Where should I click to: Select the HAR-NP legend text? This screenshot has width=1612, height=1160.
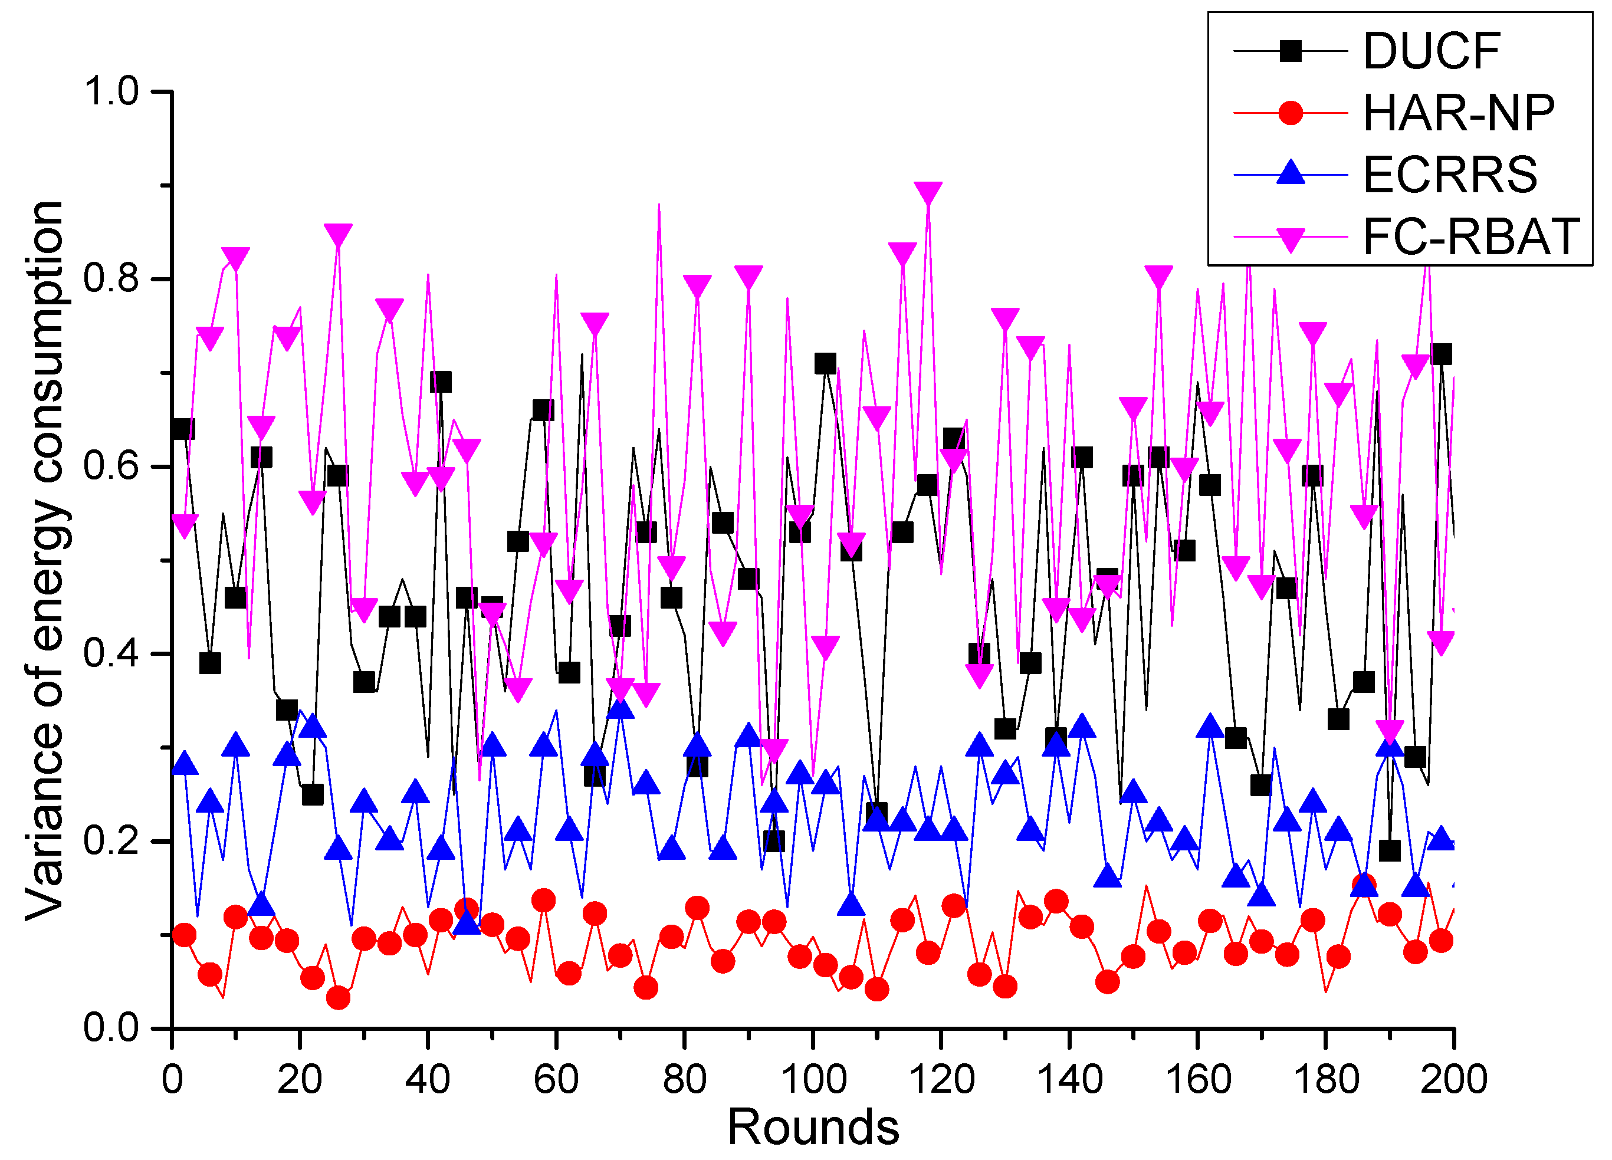(1459, 113)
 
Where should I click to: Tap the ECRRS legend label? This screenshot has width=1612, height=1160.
(1450, 174)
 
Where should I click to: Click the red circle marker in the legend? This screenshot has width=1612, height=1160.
(1290, 113)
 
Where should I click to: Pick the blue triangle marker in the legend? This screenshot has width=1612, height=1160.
(1290, 173)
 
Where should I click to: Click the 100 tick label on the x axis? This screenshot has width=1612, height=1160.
(813, 1080)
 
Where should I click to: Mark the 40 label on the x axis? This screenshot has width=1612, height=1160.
(427, 1080)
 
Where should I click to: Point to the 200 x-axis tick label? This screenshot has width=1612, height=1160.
(1453, 1080)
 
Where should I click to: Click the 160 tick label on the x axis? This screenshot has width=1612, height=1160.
(1197, 1080)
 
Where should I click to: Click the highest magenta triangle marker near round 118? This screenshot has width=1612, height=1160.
(928, 193)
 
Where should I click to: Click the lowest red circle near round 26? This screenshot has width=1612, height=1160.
(339, 998)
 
